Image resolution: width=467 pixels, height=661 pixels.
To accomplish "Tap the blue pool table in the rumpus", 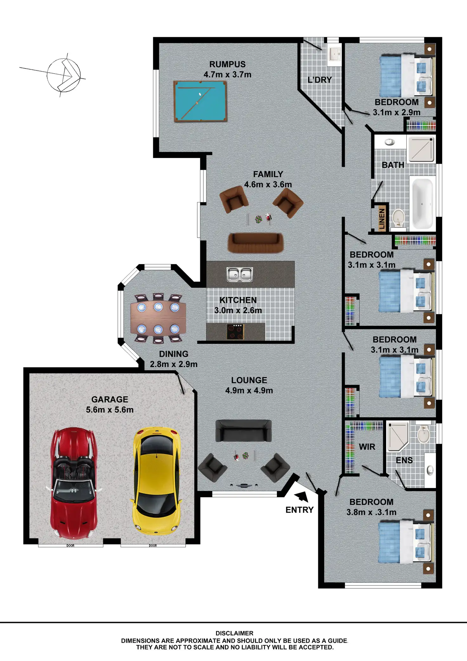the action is click(200, 101).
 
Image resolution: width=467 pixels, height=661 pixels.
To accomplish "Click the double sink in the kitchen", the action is click(240, 274).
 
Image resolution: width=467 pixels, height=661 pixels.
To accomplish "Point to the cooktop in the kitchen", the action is click(235, 332).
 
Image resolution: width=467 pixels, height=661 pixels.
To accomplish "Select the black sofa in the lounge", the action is click(243, 431).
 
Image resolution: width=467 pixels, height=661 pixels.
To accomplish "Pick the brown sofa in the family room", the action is click(255, 243).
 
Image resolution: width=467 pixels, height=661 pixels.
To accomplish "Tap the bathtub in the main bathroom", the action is click(422, 203).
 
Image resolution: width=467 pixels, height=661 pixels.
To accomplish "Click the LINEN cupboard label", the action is click(382, 219).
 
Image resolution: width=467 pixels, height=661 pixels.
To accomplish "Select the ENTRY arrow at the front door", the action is click(302, 497).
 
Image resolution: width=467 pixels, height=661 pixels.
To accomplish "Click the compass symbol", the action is click(63, 75).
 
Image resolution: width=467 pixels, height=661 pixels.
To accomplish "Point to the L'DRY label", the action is click(319, 80).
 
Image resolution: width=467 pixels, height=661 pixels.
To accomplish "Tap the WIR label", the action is click(367, 447).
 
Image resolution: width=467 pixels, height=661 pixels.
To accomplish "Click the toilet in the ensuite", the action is click(423, 433).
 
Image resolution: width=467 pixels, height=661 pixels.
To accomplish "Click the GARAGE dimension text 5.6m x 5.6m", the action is click(110, 410).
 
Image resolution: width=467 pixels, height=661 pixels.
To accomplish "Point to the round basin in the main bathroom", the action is click(390, 142).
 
